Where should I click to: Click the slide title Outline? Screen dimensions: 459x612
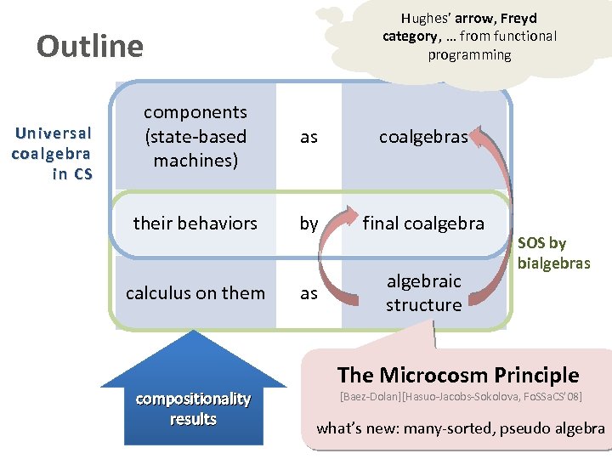[x=89, y=45]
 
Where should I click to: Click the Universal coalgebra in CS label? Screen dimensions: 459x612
[x=53, y=154]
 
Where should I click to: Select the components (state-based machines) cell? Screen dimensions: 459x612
[x=195, y=136]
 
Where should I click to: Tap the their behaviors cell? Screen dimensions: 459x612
[x=195, y=224]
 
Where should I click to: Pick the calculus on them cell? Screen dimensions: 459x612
[x=195, y=293]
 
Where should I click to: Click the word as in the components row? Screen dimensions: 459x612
[x=309, y=137]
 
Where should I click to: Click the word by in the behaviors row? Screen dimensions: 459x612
[x=309, y=224]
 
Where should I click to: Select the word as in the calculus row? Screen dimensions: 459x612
[x=309, y=293]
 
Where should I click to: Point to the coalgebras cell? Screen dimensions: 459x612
[x=422, y=137]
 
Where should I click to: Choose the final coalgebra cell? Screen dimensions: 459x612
[x=423, y=224]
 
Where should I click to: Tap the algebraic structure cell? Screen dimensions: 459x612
[x=423, y=293]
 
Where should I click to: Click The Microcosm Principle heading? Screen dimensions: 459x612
[x=457, y=375]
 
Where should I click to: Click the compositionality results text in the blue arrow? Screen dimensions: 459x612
[x=193, y=409]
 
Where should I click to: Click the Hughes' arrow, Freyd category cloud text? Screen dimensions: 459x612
[x=468, y=37]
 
